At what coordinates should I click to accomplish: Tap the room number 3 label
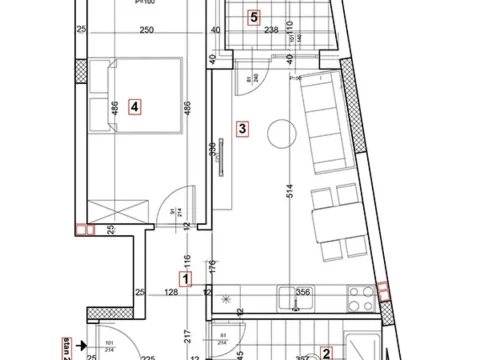point(240,127)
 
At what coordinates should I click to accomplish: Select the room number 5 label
point(254,17)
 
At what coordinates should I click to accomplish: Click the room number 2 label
point(326,352)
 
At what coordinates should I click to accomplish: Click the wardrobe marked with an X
point(118,212)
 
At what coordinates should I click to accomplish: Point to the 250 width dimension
point(146,31)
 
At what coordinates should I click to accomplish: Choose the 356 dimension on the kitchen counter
point(303,292)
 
